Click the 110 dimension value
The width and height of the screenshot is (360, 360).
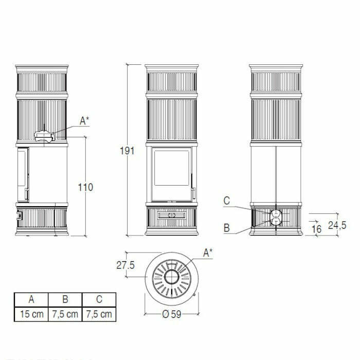pos(86,187)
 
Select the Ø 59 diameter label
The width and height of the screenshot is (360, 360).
pos(171,315)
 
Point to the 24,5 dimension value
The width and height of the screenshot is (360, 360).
pos(337,225)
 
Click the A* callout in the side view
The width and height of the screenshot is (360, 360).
pos(84,121)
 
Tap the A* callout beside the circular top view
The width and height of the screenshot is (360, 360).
pos(208,253)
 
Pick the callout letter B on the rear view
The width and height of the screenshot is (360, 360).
pos(227,228)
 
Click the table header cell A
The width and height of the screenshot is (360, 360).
pos(31,299)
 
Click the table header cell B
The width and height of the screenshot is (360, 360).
pos(65,299)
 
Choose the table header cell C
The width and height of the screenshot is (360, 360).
pos(99,299)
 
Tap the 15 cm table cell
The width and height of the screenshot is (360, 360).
pos(31,314)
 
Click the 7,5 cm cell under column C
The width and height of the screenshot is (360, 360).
pos(99,314)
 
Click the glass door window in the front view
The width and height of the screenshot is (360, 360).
pos(172,168)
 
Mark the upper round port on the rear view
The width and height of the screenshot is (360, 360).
pos(276,212)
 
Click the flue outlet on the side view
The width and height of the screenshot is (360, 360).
pos(44,136)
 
